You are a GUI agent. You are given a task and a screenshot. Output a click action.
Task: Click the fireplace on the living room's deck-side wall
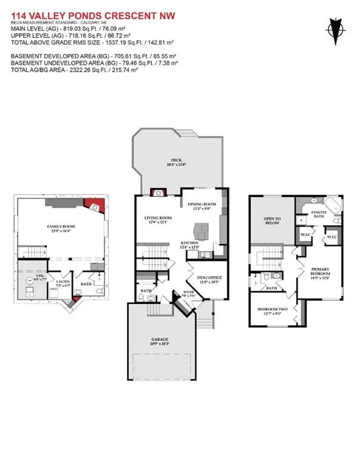click(x=158, y=192)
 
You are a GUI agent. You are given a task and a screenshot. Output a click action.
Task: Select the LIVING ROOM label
click(x=157, y=218)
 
